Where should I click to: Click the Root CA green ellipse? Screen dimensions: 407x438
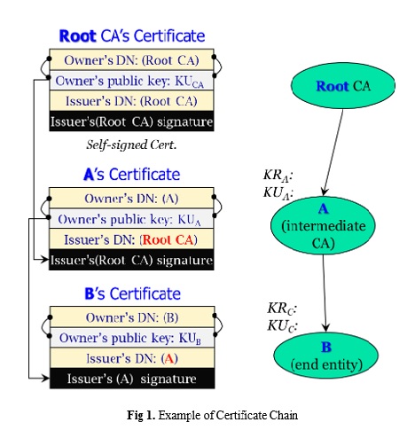tap(343, 86)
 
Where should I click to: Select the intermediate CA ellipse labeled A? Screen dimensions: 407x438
tap(323, 225)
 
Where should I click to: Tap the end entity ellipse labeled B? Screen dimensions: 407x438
tap(326, 356)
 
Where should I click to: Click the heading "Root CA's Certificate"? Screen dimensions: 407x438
tap(132, 36)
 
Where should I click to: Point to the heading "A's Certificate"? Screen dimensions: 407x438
tap(132, 174)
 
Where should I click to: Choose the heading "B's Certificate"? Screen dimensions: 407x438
tap(132, 293)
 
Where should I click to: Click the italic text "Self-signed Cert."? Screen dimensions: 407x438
tap(131, 145)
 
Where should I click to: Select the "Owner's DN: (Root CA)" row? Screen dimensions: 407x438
tap(131, 60)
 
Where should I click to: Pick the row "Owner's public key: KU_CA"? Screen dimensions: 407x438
tap(131, 81)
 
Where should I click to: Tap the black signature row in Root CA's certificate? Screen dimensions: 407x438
tap(131, 121)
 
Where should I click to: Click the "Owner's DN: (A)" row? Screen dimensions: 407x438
tap(131, 199)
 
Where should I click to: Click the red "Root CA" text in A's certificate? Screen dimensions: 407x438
tap(168, 239)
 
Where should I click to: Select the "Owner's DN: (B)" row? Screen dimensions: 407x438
tap(132, 317)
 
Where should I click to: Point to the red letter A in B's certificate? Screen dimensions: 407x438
tap(169, 358)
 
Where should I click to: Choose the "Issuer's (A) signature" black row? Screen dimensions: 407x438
tap(132, 379)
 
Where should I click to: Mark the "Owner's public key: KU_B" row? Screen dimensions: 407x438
tap(132, 338)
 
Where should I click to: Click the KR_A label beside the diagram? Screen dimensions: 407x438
tap(278, 175)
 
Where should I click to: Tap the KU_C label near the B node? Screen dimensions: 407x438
tap(282, 325)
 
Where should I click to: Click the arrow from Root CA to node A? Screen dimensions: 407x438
tap(333, 153)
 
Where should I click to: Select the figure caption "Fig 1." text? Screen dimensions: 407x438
tap(141, 415)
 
